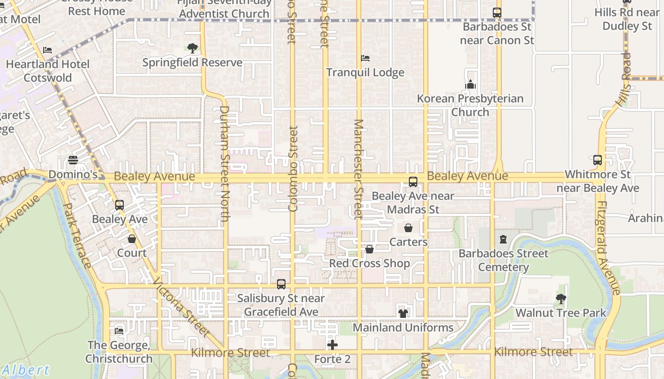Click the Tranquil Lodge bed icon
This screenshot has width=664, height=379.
365,58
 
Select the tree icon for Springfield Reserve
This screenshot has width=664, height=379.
192,48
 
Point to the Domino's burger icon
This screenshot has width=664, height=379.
73,160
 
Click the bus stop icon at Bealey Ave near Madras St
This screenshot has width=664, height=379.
413,181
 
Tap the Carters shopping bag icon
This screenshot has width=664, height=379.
408,228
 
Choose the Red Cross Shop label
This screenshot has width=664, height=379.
369,263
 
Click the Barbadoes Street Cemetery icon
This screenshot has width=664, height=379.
503,239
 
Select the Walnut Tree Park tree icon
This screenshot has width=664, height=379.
561,299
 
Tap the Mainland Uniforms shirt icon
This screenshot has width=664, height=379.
403,313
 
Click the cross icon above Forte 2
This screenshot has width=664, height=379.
332,345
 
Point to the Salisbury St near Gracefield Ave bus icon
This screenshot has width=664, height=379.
281,284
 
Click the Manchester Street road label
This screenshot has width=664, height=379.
358,169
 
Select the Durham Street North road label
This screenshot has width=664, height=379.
224,163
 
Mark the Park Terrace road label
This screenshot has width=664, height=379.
77,235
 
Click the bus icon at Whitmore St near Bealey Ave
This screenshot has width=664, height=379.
598,160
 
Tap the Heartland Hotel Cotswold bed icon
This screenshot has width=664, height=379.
47,50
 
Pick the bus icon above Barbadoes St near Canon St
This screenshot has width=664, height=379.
497,13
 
